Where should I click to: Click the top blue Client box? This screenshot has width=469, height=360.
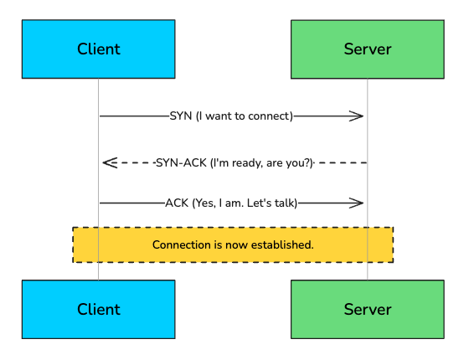pos(98,49)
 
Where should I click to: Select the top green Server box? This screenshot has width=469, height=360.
pos(367,49)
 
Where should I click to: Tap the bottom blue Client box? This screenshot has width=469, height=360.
pos(98,309)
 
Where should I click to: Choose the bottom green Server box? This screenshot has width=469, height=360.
pos(367,309)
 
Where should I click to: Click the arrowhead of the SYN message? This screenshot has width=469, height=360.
pos(358,116)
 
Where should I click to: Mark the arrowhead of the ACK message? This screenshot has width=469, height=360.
pos(358,203)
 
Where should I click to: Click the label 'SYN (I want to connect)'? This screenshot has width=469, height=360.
pos(232,116)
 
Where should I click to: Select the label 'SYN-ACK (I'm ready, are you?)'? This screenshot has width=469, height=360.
pos(234,162)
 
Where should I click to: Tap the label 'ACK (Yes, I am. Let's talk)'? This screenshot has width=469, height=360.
pos(232,203)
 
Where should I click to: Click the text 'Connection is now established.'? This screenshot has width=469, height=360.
pos(233,245)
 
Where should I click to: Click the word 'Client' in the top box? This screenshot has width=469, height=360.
pos(98,49)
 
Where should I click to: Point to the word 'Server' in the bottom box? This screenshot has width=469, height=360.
pos(367,309)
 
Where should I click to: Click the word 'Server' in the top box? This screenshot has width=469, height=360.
pos(367,49)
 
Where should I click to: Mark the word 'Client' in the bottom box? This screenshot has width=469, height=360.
pos(98,309)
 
